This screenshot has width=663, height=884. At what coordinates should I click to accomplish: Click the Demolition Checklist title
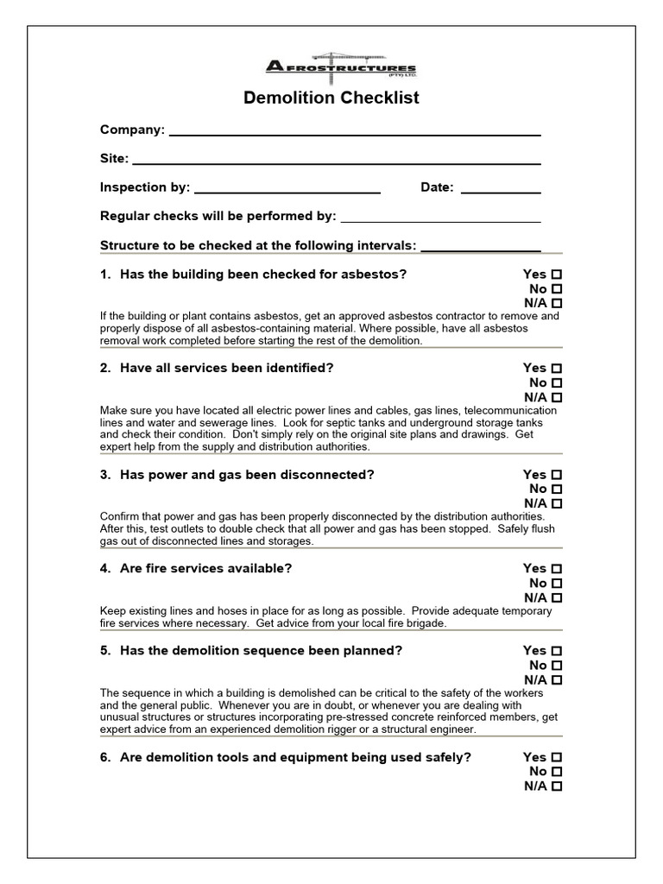tap(331, 98)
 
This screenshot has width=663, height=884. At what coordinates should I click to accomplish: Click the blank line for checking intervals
tap(480, 249)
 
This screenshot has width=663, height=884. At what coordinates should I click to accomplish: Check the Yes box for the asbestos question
tap(557, 275)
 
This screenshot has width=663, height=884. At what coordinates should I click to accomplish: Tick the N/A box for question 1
tap(557, 304)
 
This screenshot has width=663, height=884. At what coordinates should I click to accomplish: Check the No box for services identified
tap(557, 382)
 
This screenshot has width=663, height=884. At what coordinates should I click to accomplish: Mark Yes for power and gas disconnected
tap(557, 475)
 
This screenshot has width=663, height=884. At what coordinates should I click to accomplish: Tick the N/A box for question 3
tap(557, 503)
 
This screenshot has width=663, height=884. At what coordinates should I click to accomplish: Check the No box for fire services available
tap(557, 583)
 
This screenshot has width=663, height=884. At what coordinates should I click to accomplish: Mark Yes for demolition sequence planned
tap(557, 651)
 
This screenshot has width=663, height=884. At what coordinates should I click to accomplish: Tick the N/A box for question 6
tap(557, 786)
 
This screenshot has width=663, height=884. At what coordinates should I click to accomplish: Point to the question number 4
tap(105, 569)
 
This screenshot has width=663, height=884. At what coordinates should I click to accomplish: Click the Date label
tap(437, 187)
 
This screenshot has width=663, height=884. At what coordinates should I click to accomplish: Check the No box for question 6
tap(557, 772)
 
